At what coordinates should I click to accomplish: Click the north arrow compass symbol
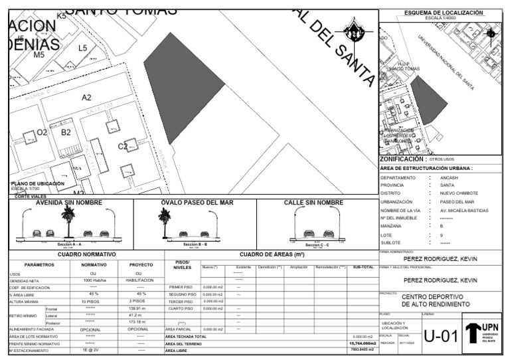tap(357, 30)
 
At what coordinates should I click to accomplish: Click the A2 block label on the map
tap(86, 98)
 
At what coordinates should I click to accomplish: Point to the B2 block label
tap(66, 132)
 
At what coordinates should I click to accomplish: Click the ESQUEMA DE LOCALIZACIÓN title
tap(443, 13)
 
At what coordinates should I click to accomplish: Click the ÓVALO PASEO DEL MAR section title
tap(197, 202)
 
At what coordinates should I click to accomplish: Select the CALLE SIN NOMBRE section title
tap(313, 202)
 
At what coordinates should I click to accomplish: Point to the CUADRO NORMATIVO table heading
tap(87, 254)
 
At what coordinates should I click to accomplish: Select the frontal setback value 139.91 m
tap(137, 309)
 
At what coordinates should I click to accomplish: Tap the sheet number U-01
tap(440, 337)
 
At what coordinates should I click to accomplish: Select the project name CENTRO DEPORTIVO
tap(433, 297)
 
